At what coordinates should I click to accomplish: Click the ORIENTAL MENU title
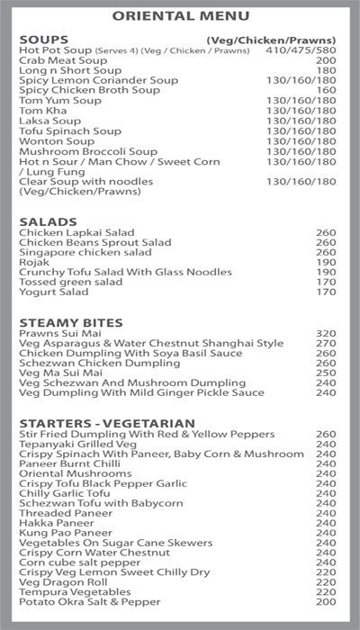click(x=179, y=15)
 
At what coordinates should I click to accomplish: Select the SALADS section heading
click(x=44, y=220)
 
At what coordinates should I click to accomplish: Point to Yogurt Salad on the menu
click(x=54, y=292)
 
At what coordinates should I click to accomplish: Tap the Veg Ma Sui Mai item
click(x=58, y=373)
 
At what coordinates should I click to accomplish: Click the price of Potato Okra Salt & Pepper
click(x=325, y=603)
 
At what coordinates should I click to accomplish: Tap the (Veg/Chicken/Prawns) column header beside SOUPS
click(x=271, y=40)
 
